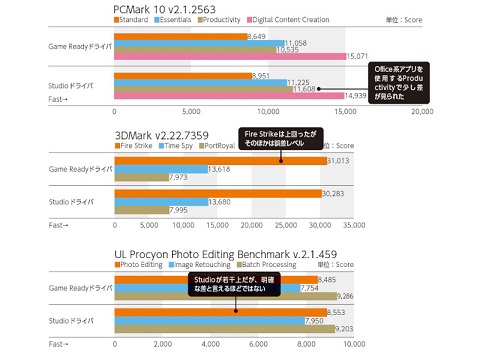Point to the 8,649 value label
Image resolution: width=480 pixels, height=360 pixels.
pos(254,36)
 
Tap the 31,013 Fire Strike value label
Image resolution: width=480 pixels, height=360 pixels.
pos(340,161)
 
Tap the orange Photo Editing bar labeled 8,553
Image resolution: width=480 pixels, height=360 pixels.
pos(217,311)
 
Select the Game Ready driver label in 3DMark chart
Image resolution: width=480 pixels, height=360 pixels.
pos(69,168)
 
